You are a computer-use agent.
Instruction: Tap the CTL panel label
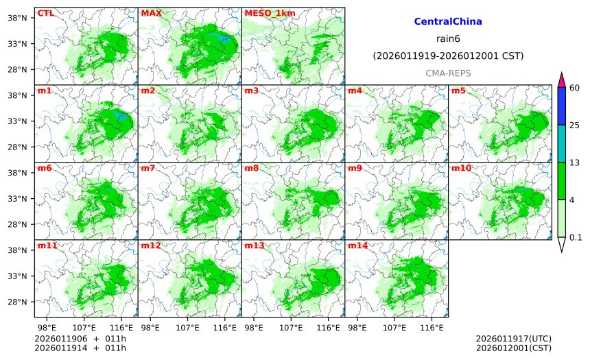tap(45, 13)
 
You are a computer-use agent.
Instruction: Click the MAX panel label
tap(150, 13)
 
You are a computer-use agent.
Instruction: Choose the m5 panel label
tap(458, 91)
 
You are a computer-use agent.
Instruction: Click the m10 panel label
tap(461, 168)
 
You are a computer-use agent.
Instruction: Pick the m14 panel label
tap(357, 245)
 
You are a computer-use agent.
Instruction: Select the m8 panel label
tap(251, 168)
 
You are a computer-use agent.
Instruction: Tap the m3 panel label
tap(251, 91)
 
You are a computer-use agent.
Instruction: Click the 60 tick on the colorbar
tap(575, 88)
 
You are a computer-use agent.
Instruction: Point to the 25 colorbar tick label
tap(575, 125)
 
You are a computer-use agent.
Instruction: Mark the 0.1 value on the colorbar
tap(576, 238)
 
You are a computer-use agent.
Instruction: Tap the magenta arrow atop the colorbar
tap(561, 80)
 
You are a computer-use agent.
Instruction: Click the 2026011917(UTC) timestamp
tap(513, 339)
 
